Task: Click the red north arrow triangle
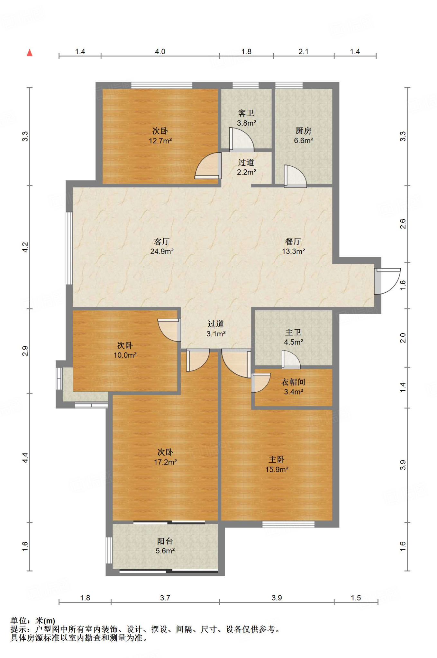click(30, 52)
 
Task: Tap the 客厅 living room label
click(162, 242)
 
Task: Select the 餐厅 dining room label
click(293, 242)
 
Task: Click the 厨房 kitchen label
click(303, 131)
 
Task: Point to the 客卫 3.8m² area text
click(246, 118)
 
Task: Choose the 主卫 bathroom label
click(293, 332)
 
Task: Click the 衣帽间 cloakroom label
click(293, 382)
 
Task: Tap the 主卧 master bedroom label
click(277, 459)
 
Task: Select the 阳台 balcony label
click(165, 541)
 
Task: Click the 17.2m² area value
click(165, 462)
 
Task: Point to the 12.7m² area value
click(160, 141)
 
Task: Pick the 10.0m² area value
click(125, 355)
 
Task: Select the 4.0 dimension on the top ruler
click(160, 52)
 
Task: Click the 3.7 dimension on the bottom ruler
click(165, 598)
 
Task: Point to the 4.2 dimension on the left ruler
click(25, 247)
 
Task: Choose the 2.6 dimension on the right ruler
click(403, 224)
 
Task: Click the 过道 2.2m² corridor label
click(246, 167)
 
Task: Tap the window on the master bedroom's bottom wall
click(288, 524)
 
